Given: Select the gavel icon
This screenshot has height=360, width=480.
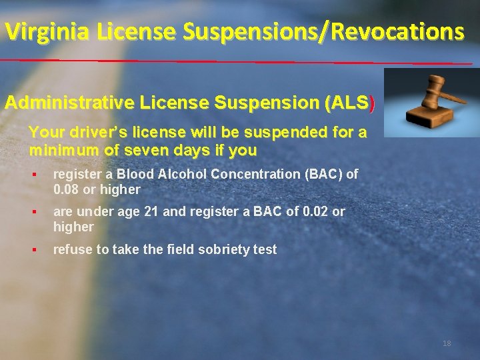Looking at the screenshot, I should click(430, 103).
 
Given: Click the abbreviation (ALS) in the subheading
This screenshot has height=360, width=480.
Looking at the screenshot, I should click(349, 103).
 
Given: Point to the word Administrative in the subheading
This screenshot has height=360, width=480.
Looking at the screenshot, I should click(71, 103).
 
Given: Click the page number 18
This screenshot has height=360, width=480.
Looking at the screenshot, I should click(447, 343).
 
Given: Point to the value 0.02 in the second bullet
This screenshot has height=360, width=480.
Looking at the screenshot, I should click(316, 211).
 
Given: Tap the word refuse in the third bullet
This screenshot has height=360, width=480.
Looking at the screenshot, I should click(71, 249).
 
